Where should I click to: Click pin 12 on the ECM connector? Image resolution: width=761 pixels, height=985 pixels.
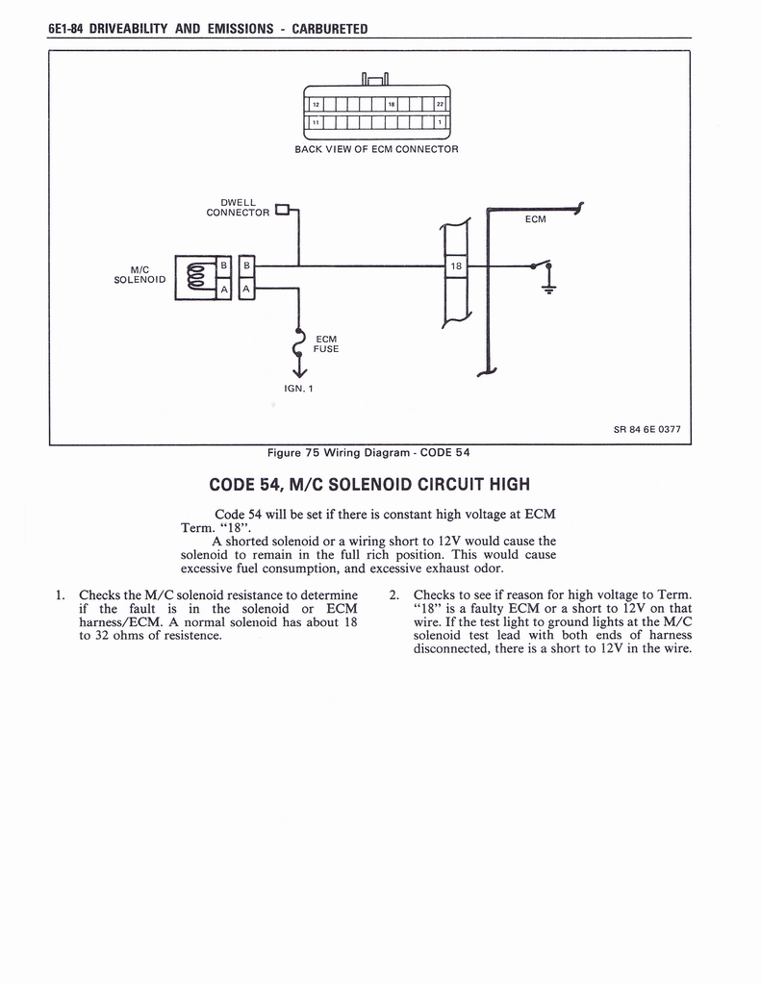click(x=313, y=105)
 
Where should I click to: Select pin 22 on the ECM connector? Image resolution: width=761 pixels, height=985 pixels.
click(x=440, y=105)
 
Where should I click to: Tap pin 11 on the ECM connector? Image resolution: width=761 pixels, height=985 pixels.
click(x=313, y=122)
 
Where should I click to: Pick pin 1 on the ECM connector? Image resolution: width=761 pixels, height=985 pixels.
click(x=440, y=122)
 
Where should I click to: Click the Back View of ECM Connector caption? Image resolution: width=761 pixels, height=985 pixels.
click(x=376, y=149)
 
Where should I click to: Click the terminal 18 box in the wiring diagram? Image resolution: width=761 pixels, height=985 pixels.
click(x=456, y=265)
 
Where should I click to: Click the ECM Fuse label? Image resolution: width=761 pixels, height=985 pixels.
click(x=327, y=343)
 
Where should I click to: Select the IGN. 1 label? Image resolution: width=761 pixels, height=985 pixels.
click(x=298, y=388)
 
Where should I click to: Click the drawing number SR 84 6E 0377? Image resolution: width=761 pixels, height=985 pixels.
click(x=647, y=429)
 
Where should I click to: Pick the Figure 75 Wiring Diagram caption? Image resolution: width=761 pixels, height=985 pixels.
click(x=368, y=452)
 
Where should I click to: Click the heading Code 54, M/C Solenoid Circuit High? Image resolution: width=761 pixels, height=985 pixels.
click(x=368, y=483)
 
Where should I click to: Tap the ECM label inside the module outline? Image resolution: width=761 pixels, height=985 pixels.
click(x=535, y=219)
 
